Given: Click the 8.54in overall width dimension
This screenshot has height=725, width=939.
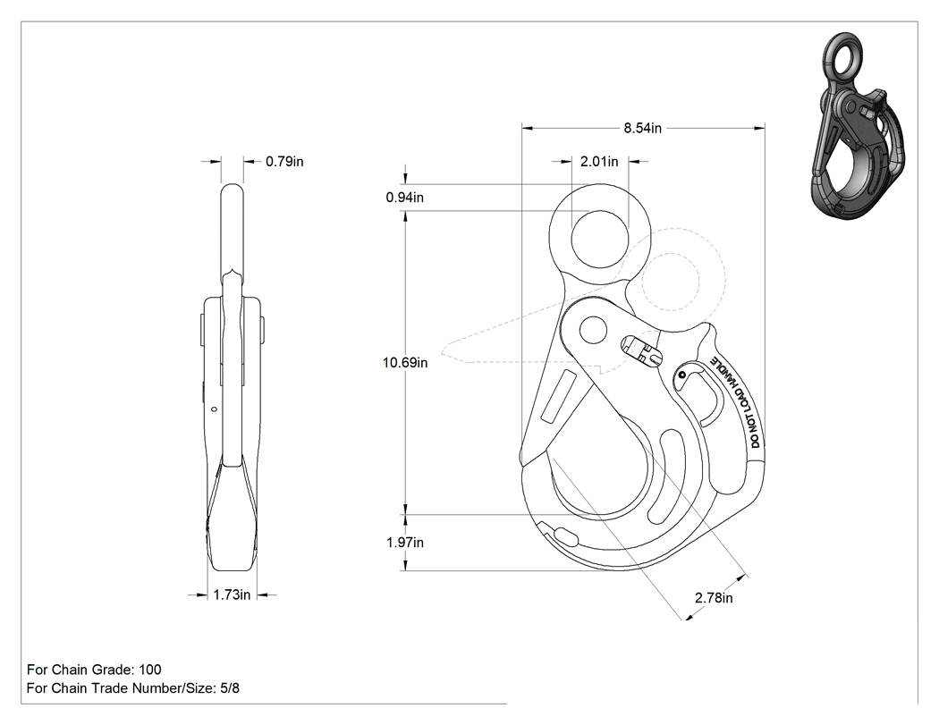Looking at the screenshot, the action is pos(643,128).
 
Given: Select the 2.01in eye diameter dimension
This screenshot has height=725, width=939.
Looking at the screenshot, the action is pos(599,161).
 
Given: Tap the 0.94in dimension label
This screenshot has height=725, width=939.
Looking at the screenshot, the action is pos(405,197).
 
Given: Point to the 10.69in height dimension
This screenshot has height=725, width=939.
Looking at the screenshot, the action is pos(405,362).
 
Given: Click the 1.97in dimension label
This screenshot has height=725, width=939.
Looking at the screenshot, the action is pos(405,543).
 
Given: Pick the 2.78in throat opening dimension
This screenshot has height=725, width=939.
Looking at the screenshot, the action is pos(714,597).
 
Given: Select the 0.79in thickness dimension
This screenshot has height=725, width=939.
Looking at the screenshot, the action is pos(284,161).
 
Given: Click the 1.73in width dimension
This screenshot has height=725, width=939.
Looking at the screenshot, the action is pos(232,594).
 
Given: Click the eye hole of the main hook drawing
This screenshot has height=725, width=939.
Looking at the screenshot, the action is pos(599,239).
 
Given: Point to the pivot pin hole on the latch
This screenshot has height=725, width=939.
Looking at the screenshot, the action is pos(593,330).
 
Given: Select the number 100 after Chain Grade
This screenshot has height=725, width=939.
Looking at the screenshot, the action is pos(149,670).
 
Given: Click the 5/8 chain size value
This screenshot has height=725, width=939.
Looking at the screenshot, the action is pos(230,687).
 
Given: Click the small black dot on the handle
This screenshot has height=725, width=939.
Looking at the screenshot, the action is pos(681,375).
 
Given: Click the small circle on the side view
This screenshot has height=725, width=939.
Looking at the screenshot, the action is pos(213,410).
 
